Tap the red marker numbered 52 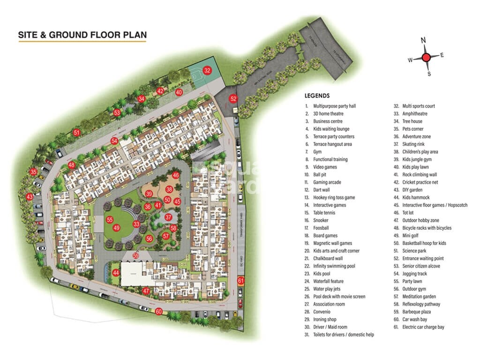233,98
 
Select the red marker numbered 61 241,281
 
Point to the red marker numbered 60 159,312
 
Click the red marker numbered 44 116,273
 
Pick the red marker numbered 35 33,172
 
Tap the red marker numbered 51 77,133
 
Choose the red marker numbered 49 117,228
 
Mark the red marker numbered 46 176,175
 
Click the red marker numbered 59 136,255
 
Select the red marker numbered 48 71,165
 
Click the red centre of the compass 426,58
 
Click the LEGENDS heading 317,96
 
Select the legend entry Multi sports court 418,106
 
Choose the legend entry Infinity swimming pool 334,266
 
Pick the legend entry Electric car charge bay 423,327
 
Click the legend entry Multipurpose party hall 334,106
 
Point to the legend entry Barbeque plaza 416,312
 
